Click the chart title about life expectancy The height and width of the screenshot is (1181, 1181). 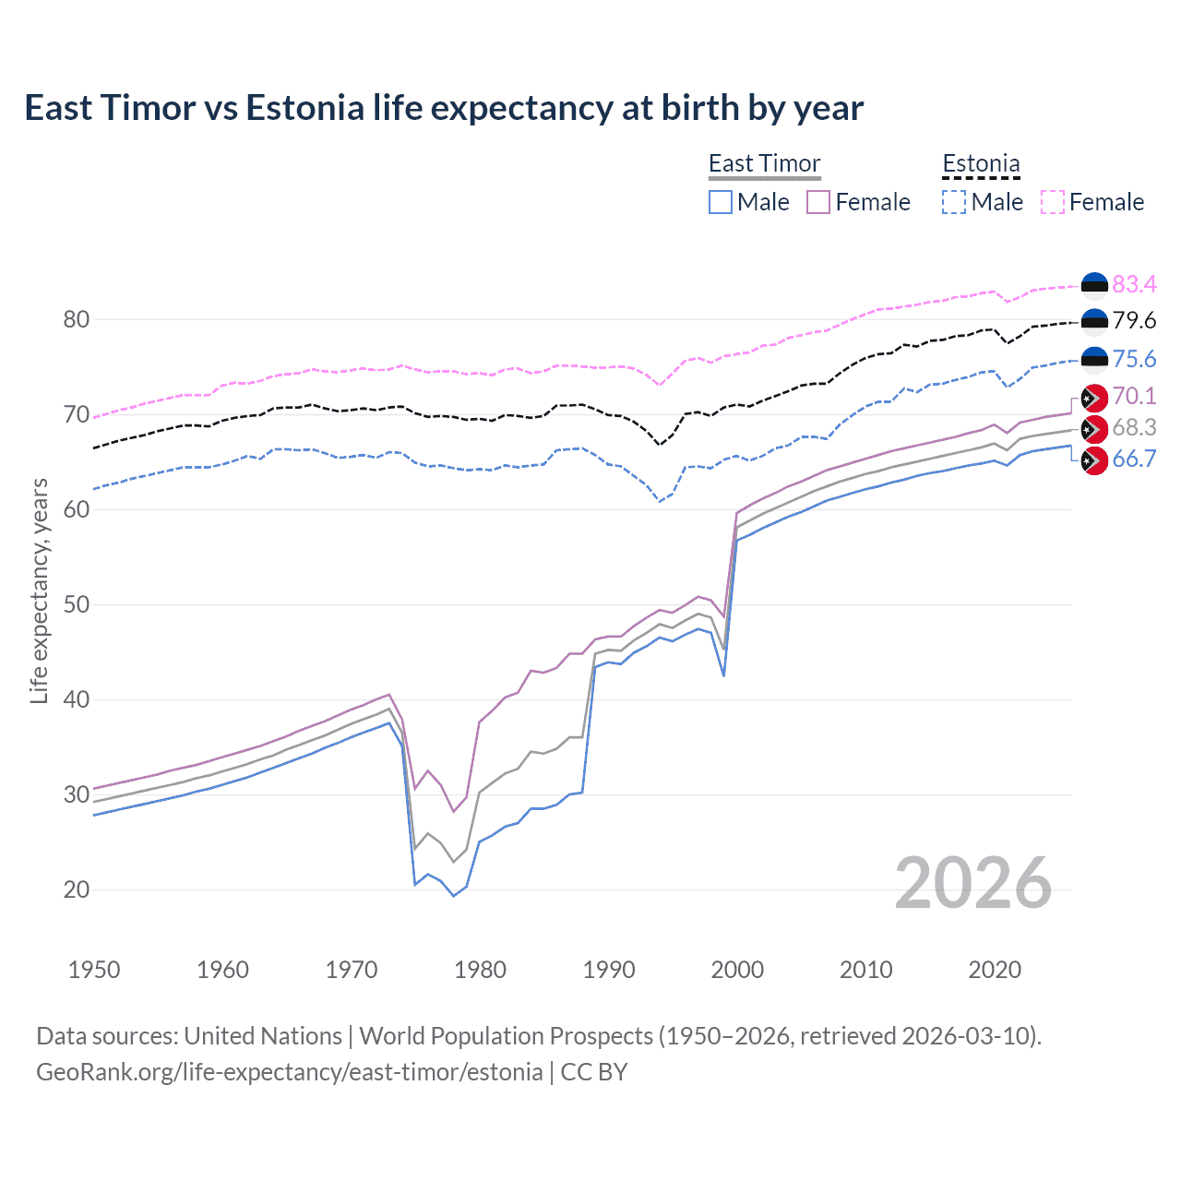[x=444, y=108]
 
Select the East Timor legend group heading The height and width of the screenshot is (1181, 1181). [x=764, y=163]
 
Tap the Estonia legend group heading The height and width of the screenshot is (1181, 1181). [x=981, y=163]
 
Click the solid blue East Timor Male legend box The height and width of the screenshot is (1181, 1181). [x=721, y=202]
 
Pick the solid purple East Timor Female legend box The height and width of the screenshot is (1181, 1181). [x=818, y=202]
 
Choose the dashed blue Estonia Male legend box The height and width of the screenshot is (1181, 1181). [x=954, y=202]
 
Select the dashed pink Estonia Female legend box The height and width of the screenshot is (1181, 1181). [x=1053, y=202]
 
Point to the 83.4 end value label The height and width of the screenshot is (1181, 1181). [x=1134, y=284]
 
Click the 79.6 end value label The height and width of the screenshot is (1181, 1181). [x=1134, y=321]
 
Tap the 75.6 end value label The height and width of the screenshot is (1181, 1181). [x=1134, y=359]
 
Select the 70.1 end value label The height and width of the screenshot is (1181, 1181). [x=1134, y=397]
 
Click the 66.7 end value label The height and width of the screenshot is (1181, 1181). [x=1134, y=459]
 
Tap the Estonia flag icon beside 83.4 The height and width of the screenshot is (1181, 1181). [x=1094, y=285]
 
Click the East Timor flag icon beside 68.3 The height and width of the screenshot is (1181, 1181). [x=1094, y=429]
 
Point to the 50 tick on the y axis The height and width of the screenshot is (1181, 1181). [x=77, y=605]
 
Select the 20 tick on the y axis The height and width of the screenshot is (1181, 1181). [x=77, y=890]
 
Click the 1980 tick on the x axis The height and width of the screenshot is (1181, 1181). [x=480, y=970]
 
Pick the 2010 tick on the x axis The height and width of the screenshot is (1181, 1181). [x=865, y=970]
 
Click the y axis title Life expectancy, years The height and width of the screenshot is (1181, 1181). [x=39, y=590]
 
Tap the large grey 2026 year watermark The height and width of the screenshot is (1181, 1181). [x=972, y=883]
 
